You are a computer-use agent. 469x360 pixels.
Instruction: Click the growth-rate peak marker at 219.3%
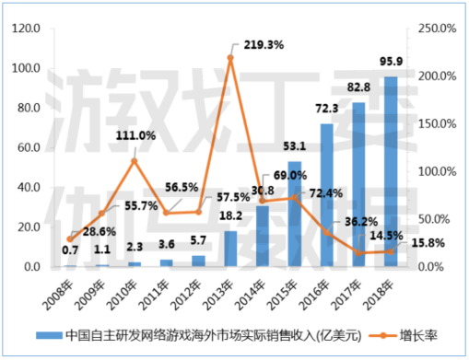pos(230,58)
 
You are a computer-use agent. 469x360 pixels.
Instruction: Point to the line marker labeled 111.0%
pos(134,161)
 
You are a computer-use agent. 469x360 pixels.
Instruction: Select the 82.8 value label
pos(358,87)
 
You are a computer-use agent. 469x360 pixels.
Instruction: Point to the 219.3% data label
pos(260,43)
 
